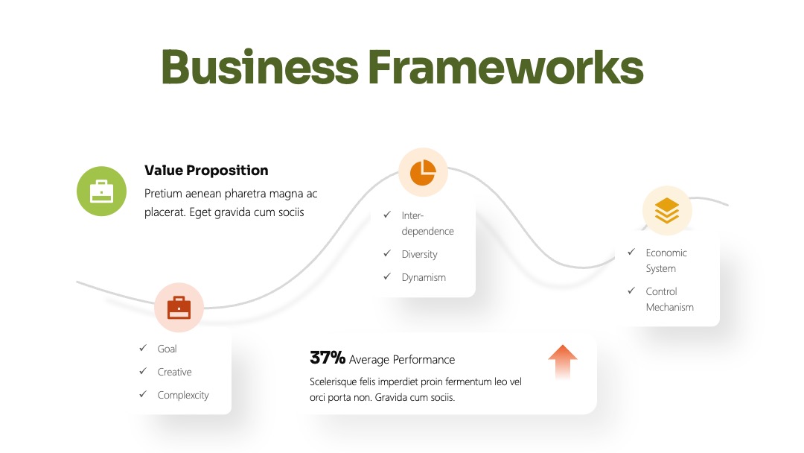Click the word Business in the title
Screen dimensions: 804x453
pyautogui.click(x=260, y=67)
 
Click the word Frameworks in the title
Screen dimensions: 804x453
pyautogui.click(x=505, y=67)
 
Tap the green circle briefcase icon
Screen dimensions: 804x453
pyautogui.click(x=101, y=191)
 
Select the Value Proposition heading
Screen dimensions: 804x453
pyautogui.click(x=206, y=171)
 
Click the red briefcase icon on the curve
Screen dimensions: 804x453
pyautogui.click(x=179, y=307)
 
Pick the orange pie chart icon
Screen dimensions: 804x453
pyautogui.click(x=423, y=172)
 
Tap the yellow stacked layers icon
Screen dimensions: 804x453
pyautogui.click(x=667, y=210)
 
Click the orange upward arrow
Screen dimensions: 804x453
pyautogui.click(x=563, y=362)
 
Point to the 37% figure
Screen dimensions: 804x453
pyautogui.click(x=328, y=358)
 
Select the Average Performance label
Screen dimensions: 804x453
pyautogui.click(x=402, y=360)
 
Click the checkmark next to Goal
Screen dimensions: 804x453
pyautogui.click(x=143, y=349)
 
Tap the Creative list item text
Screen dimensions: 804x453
pyautogui.click(x=174, y=372)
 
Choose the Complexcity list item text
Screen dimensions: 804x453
pyautogui.click(x=183, y=395)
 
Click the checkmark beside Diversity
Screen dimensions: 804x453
pyautogui.click(x=387, y=253)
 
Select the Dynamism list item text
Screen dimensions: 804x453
pyautogui.click(x=424, y=278)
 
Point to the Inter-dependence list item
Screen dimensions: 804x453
pyautogui.click(x=427, y=224)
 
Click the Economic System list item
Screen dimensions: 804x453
pyautogui.click(x=666, y=261)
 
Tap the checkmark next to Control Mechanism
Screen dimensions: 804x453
pyautogui.click(x=631, y=291)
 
